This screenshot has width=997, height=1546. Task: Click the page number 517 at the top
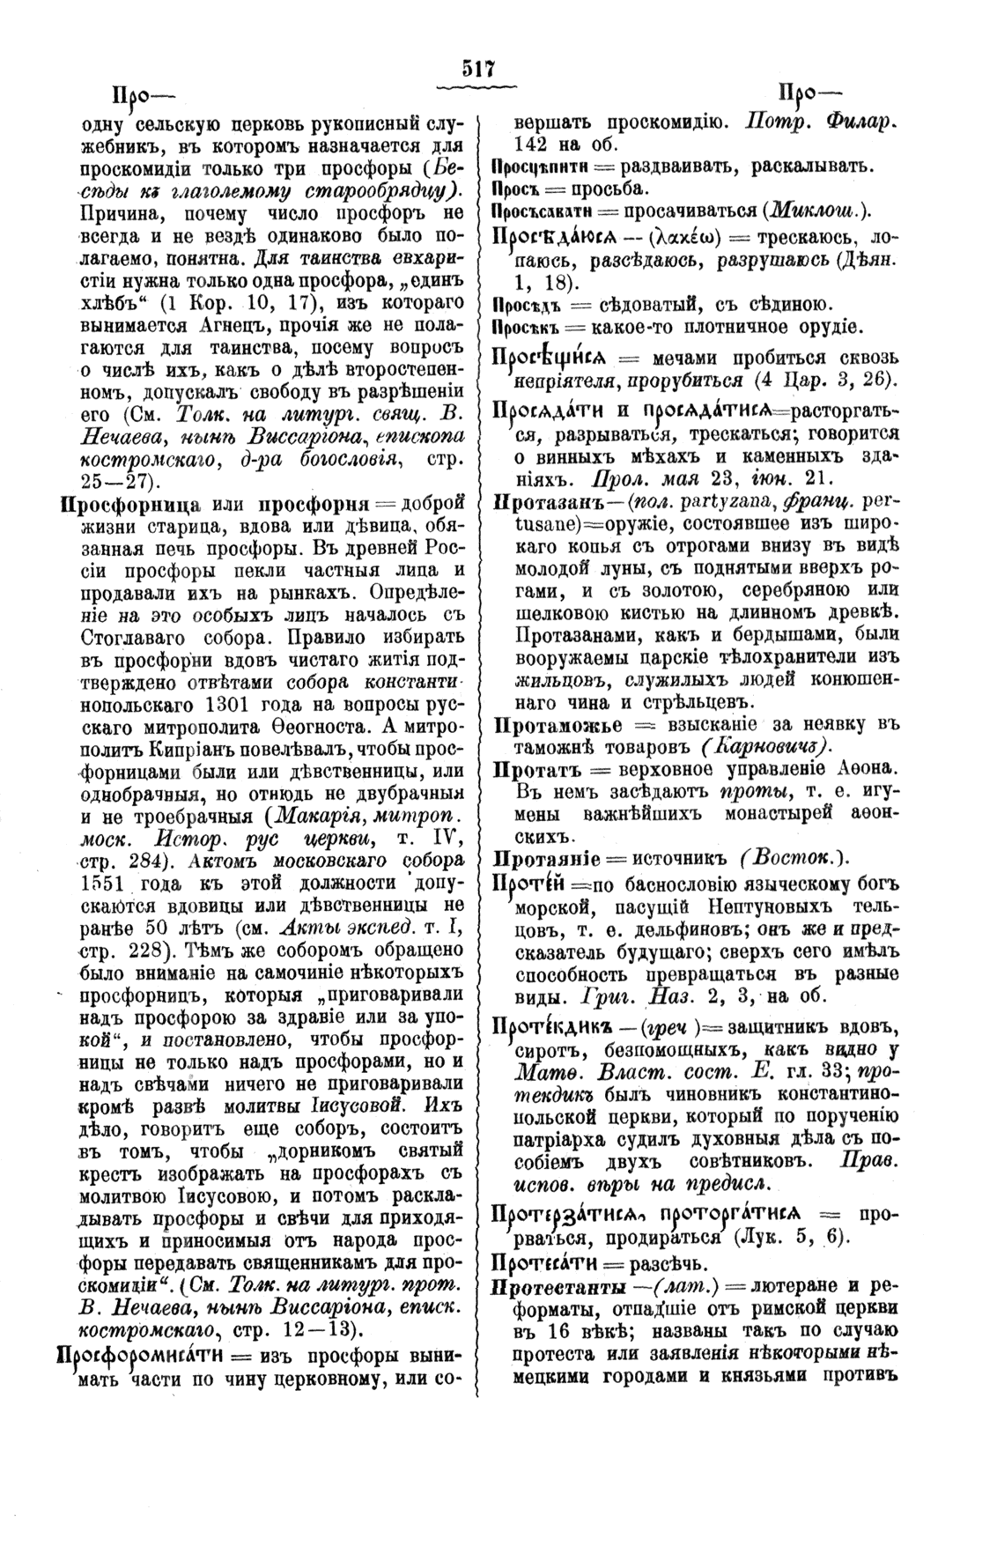(477, 70)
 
